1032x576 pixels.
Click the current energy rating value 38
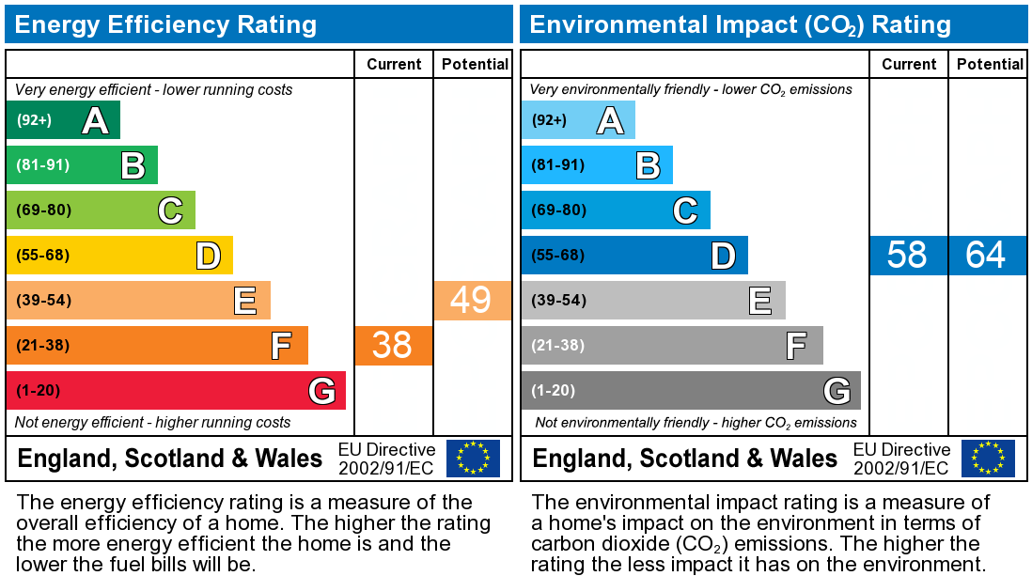pos(393,345)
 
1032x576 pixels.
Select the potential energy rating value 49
pos(472,300)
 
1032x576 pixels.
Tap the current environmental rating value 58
pos(907,255)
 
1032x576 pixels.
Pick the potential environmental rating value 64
pos(986,255)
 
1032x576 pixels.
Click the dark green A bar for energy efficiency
pos(63,120)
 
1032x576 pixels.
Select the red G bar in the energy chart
pos(176,390)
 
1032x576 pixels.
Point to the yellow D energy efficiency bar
pos(119,255)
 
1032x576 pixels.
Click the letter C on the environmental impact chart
pos(685,210)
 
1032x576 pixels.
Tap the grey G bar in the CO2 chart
pos(691,390)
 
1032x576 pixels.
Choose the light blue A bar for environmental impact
pos(578,120)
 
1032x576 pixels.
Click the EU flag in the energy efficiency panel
pos(473,458)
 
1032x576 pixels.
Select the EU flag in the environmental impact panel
pos(988,458)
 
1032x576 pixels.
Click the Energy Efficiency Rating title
pos(165,24)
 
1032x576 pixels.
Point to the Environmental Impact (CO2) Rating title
pos(740,24)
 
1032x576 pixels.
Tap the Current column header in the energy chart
pos(394,64)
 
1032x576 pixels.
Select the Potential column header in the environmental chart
pos(990,64)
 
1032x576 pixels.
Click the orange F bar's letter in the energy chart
pos(280,346)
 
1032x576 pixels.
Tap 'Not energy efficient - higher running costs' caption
pos(153,423)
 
